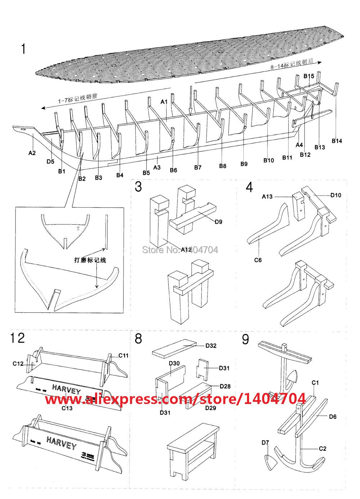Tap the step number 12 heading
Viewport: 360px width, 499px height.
pos(18,338)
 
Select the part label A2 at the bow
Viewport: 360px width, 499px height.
pos(32,153)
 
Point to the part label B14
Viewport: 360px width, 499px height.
pos(337,141)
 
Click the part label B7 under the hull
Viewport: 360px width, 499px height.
pos(198,167)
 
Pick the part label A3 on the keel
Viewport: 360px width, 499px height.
pos(157,167)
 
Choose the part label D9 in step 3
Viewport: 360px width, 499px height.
pos(218,222)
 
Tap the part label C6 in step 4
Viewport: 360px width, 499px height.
pos(258,260)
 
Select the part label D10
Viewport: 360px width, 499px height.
pos(336,195)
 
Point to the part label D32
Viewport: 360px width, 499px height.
pos(211,346)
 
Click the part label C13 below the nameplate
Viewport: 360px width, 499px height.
pos(67,408)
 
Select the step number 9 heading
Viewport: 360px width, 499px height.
pos(246,339)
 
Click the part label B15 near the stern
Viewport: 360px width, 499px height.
pos(309,76)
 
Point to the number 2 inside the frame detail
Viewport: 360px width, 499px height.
pos(78,228)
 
